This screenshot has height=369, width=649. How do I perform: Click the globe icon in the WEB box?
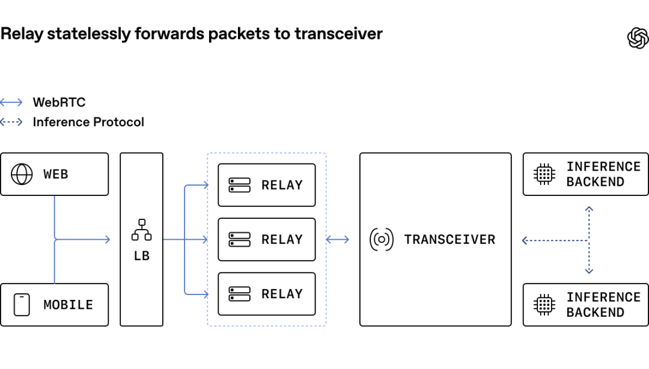click(22, 174)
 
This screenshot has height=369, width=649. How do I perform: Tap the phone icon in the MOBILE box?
click(22, 305)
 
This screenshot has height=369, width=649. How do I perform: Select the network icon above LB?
click(142, 230)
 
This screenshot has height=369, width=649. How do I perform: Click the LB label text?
click(142, 256)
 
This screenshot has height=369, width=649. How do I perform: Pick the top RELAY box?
click(267, 185)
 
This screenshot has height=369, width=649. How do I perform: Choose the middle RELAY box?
click(267, 239)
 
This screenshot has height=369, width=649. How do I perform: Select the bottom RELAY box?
click(267, 294)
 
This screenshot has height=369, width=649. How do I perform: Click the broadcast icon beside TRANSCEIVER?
click(381, 239)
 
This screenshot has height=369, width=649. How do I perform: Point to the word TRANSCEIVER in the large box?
click(449, 239)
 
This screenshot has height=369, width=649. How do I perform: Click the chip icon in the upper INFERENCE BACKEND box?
click(544, 174)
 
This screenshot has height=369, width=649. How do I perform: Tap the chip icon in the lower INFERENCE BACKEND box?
click(544, 305)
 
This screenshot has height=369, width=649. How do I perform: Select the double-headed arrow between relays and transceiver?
click(337, 239)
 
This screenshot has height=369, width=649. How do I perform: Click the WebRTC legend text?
click(59, 102)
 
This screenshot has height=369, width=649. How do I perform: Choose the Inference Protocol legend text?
click(88, 122)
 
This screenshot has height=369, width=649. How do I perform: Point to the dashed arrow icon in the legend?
click(11, 122)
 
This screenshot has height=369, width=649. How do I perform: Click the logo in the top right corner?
click(638, 38)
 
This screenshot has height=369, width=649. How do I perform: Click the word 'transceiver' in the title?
click(338, 34)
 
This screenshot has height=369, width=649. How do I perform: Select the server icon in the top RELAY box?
click(240, 185)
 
